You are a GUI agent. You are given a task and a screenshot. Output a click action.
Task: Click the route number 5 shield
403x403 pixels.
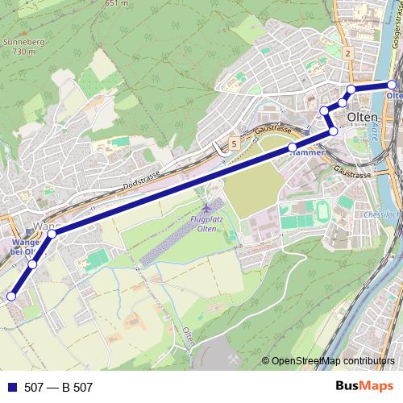coord(233,144)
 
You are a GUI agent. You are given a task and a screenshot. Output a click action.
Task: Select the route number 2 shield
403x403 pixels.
coord(347,53)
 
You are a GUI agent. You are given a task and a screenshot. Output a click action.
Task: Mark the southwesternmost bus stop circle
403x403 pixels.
coord(11,297)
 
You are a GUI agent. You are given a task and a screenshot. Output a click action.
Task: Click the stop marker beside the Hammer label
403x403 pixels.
coord(293,148)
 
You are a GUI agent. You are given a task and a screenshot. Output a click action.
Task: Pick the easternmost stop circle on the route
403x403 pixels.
coord(392,85)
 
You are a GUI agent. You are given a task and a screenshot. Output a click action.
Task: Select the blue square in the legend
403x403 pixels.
coord(11,388)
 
